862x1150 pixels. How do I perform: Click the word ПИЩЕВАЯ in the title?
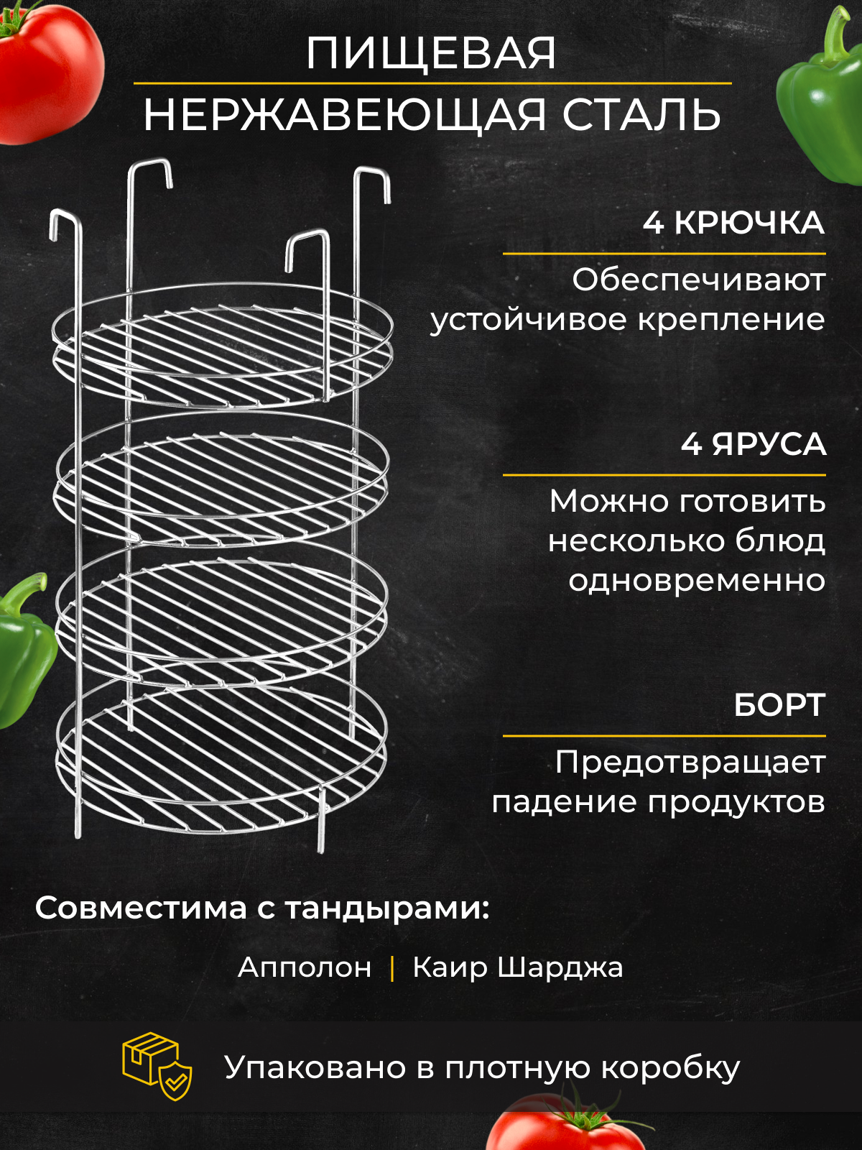[431, 53]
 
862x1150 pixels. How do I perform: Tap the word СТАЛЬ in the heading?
[641, 115]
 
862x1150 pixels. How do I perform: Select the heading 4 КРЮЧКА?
[733, 223]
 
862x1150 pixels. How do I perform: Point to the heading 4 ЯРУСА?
[754, 444]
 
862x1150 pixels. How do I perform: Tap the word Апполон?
[305, 967]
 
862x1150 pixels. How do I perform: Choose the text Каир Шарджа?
[517, 967]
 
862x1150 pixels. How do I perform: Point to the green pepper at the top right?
[822, 101]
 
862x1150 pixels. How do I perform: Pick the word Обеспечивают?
[698, 280]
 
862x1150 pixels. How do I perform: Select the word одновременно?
[697, 581]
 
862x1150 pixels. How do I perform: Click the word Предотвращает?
[690, 763]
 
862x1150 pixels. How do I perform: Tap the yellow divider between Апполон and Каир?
[392, 967]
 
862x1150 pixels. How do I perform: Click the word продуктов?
[736, 802]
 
